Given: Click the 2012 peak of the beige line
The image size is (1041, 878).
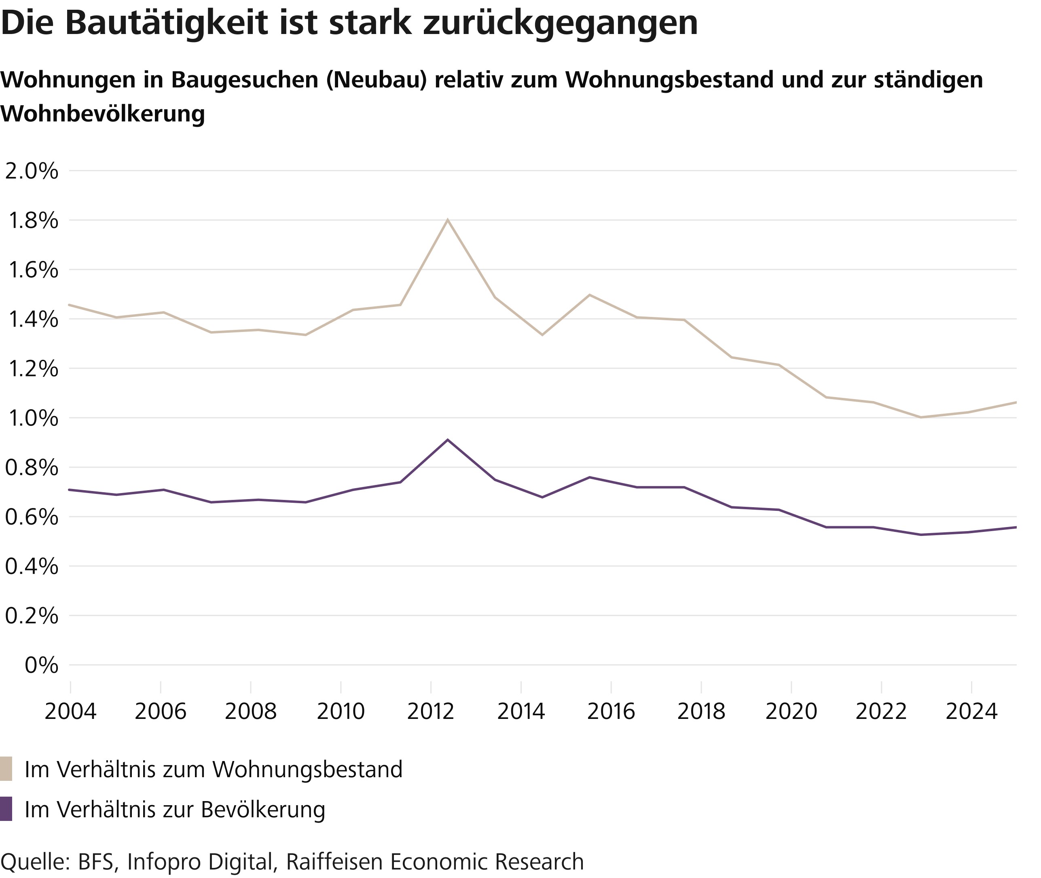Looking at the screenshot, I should click(448, 219).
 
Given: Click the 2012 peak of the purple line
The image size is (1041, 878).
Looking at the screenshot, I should click(448, 440).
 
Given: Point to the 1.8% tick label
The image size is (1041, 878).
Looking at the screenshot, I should click(33, 221).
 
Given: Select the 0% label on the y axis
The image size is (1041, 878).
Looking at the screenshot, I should click(41, 665).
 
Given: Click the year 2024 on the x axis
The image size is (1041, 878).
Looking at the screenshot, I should click(971, 712).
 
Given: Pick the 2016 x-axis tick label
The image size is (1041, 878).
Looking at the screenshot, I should click(611, 712).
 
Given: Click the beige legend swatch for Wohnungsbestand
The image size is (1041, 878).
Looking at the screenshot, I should click(6, 769).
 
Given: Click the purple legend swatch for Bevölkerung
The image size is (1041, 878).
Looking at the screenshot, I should click(6, 809).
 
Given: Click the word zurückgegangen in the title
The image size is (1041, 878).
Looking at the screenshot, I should click(561, 23).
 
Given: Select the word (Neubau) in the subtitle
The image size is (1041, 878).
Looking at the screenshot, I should click(377, 80).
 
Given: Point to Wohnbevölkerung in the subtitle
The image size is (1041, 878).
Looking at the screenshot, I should click(102, 114).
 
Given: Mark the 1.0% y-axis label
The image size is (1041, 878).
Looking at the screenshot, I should click(33, 418).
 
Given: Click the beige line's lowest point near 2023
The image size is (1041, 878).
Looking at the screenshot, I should click(920, 417).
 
